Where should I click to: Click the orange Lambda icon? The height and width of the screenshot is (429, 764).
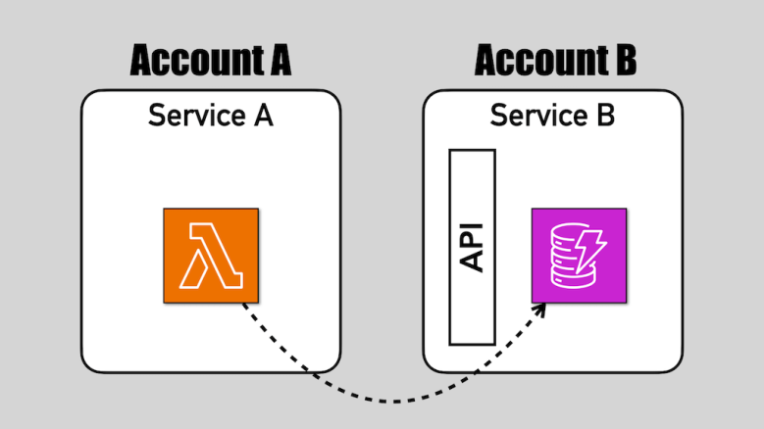[211, 255]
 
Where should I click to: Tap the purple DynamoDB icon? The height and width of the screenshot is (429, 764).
[579, 255]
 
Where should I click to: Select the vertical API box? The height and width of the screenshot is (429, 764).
[472, 247]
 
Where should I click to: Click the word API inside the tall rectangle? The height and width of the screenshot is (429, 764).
[472, 247]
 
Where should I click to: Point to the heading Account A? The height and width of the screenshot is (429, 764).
[211, 61]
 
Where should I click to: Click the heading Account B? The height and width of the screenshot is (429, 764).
[555, 61]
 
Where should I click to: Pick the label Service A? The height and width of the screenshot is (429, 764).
[210, 116]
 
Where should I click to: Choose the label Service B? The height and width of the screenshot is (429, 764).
[552, 116]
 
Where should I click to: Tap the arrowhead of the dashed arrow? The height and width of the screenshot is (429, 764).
[541, 310]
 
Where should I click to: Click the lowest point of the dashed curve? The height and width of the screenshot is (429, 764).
[392, 401]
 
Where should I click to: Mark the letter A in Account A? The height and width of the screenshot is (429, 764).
[277, 61]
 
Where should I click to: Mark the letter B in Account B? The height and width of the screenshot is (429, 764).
[624, 61]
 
